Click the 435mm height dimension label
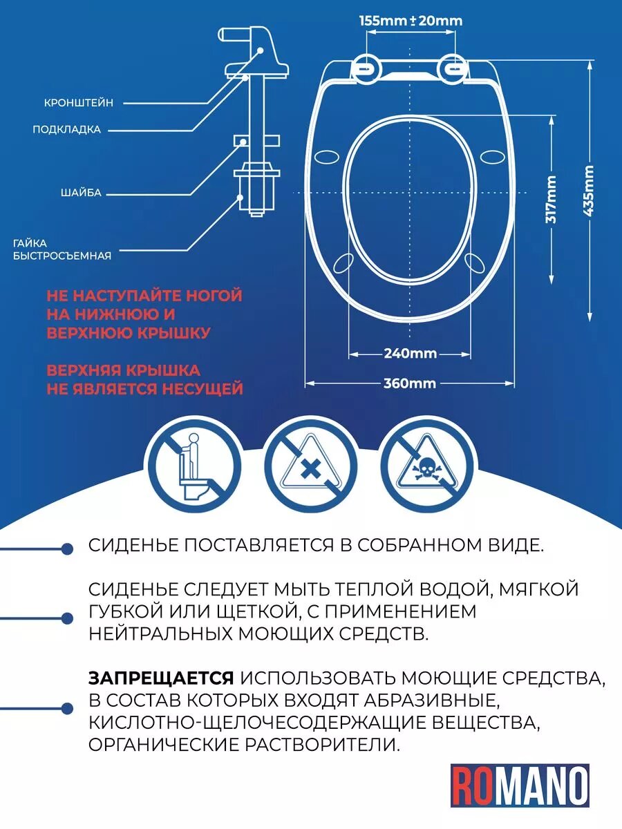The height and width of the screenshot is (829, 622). click(589, 191)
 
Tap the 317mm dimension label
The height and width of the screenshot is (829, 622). click(551, 199)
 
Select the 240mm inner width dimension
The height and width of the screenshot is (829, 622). click(411, 354)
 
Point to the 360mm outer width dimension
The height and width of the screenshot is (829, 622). click(410, 383)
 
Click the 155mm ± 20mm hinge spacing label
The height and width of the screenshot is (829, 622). click(411, 21)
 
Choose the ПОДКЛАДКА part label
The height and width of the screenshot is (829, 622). click(67, 129)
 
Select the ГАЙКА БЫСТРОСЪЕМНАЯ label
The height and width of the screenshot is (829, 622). click(62, 249)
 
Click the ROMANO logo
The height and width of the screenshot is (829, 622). click(520, 785)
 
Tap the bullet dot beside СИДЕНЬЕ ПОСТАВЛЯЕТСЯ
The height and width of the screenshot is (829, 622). click(67, 549)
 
